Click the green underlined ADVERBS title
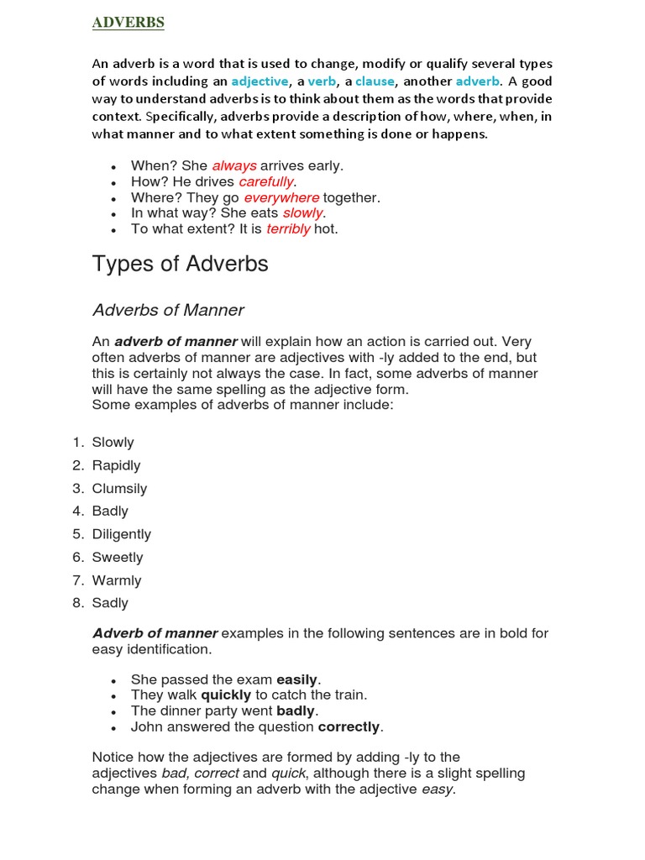point(128,23)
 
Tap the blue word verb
point(322,81)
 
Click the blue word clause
point(375,81)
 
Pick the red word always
point(233,166)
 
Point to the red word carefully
point(266,182)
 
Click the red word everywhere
point(281,198)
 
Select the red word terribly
point(288,229)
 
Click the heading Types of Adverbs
point(180,264)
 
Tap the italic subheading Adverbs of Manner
point(168,310)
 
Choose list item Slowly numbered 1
point(113,443)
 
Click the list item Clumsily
point(119,489)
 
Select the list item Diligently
point(122,534)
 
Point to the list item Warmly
point(117,580)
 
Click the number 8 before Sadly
point(76,603)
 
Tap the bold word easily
point(298,679)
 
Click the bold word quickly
point(226,695)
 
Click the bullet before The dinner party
point(113,712)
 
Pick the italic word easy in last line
point(437,789)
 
